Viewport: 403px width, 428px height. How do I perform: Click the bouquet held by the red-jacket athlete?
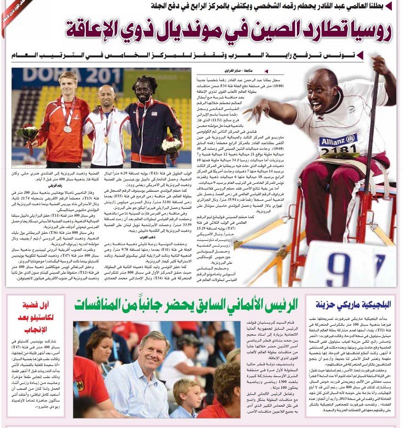[27, 133]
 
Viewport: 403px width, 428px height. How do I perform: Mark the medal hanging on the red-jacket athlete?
[67, 129]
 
